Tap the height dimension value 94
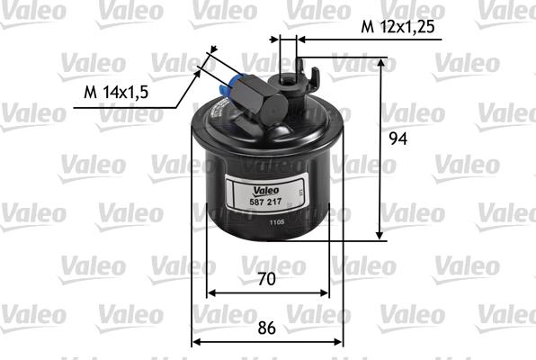coord(408,139)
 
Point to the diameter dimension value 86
coord(267,328)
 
